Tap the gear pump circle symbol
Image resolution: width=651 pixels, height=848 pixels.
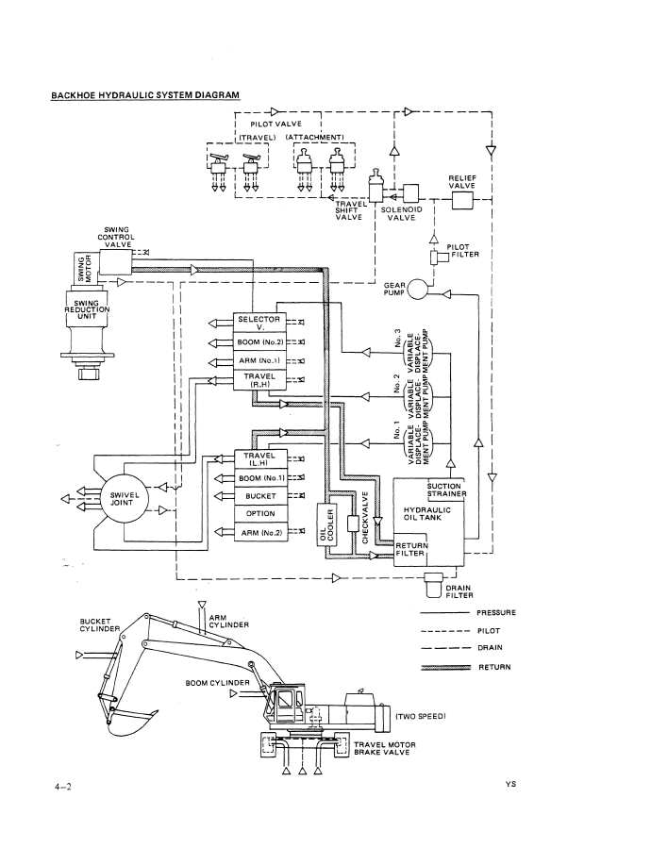point(416,292)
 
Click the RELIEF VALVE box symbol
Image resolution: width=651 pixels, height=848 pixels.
point(463,200)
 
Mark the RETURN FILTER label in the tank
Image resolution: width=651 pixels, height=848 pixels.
point(411,549)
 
